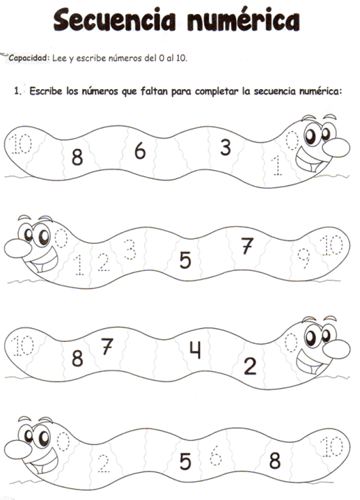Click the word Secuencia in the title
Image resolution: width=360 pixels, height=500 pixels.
click(x=114, y=19)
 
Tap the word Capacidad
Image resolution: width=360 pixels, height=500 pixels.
click(x=29, y=58)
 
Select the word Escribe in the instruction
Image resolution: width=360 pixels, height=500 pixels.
click(x=46, y=91)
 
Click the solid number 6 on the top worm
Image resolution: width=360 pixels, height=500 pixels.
click(x=140, y=151)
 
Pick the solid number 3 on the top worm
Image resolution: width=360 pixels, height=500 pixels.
click(x=226, y=148)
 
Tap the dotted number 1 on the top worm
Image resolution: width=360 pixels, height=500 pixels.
click(x=276, y=166)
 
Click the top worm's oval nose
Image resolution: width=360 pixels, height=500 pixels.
click(x=336, y=148)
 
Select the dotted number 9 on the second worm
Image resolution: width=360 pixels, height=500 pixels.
click(x=304, y=258)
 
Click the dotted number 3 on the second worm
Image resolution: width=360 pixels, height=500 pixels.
click(x=130, y=249)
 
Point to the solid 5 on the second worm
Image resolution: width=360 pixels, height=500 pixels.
click(x=185, y=260)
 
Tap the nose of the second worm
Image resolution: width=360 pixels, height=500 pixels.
click(x=18, y=248)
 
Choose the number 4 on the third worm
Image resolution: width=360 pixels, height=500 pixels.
click(x=195, y=350)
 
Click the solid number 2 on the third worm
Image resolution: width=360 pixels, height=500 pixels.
click(x=250, y=366)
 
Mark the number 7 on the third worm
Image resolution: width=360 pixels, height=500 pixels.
click(x=107, y=346)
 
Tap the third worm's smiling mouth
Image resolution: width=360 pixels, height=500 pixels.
click(x=311, y=363)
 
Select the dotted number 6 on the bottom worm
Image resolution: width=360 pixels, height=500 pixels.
click(x=216, y=455)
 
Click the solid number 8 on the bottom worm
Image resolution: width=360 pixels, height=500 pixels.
click(x=275, y=460)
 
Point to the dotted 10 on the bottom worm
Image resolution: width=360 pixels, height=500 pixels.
click(x=331, y=447)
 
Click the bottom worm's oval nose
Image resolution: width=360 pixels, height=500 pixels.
click(x=18, y=449)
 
